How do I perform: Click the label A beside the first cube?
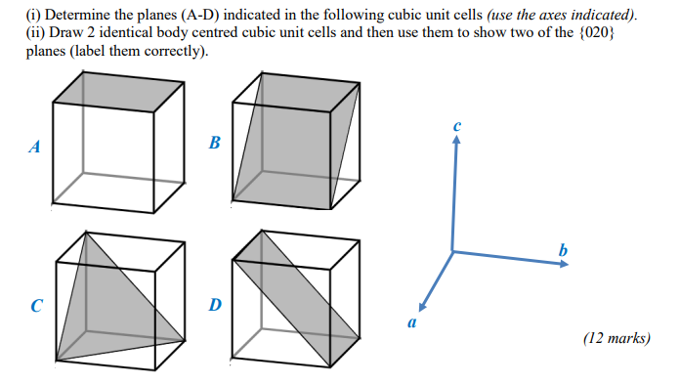[x=35, y=149]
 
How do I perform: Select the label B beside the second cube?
[x=214, y=144]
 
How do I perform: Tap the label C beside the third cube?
[x=36, y=304]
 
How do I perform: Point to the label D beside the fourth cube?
[x=215, y=304]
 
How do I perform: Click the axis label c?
[x=456, y=126]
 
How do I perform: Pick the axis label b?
[x=562, y=250]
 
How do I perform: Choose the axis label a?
[x=411, y=320]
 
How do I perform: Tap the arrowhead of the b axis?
[x=563, y=264]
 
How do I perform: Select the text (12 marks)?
[x=616, y=339]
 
